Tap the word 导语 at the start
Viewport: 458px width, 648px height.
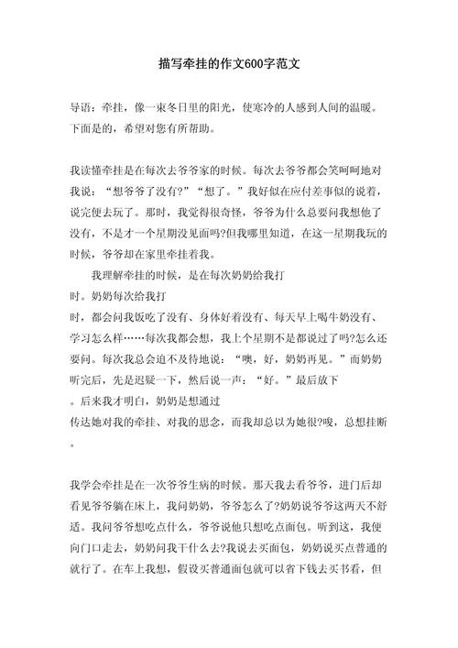coord(82,106)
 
